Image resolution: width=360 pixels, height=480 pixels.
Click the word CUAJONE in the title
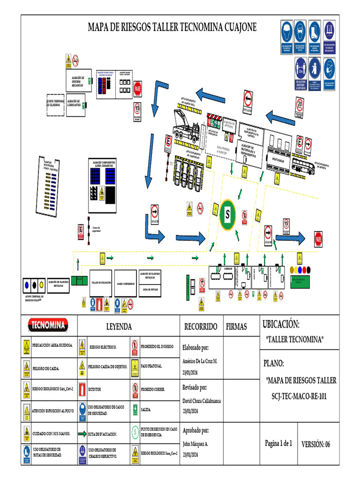coord(237,28)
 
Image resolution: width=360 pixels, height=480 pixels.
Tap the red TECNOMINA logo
coord(49,324)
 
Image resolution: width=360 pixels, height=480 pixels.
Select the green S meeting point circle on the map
coord(228,215)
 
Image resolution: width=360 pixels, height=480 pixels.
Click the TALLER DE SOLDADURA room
coord(101,283)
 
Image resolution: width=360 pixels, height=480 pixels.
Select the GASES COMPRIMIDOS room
coord(126,283)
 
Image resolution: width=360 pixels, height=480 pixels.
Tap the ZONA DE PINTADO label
coord(150,290)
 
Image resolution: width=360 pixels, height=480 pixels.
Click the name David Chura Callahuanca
coord(202,401)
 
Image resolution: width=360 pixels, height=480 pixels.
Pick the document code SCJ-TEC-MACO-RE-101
coord(299,397)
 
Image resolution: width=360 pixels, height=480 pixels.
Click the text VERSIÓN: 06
coord(315,444)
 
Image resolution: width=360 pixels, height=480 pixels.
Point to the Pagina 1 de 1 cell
coord(278,443)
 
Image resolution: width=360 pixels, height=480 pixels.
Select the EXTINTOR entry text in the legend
coord(95,390)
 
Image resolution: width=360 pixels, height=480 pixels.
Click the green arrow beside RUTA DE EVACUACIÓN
coord(82,434)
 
